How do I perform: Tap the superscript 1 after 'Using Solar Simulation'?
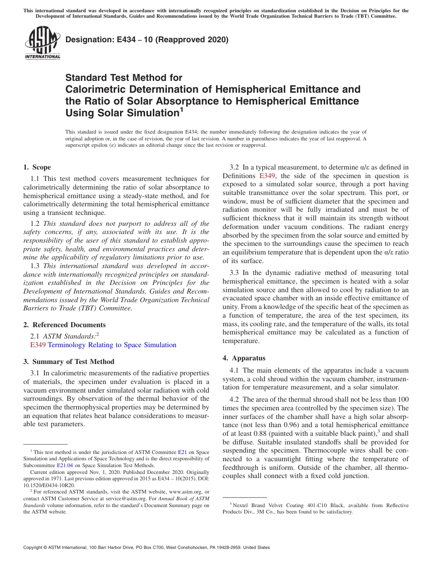(x=181, y=110)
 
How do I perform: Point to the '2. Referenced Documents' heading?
(x=64, y=325)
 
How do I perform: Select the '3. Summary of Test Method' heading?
(x=69, y=362)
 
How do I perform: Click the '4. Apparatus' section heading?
(x=244, y=358)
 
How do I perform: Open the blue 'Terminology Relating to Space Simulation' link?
(x=112, y=345)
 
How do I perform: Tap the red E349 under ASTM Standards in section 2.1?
(x=38, y=345)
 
